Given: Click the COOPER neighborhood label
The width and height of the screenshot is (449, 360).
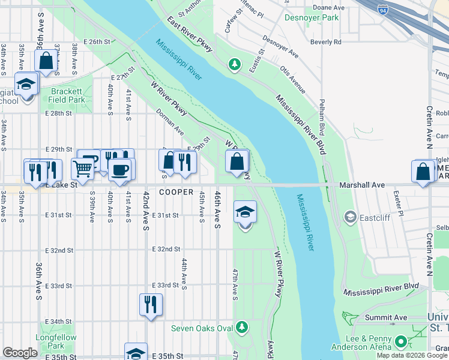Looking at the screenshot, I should coord(176,193).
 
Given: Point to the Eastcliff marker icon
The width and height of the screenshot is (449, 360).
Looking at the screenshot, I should coord(350,217).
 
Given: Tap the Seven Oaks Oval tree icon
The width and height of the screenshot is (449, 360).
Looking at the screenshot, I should coord(241,327).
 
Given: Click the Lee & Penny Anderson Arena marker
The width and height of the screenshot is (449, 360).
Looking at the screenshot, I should coord(402,343).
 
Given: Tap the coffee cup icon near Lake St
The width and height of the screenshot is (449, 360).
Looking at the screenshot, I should coord(121,169).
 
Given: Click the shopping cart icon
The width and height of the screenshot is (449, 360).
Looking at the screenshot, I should coord(82,169).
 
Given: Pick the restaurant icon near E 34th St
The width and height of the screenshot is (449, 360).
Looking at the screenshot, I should coord(151,304).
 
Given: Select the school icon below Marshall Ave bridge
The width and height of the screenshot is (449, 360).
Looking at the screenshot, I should coord(245,211).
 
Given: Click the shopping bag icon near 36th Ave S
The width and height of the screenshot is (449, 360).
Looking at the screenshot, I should coord(46,61).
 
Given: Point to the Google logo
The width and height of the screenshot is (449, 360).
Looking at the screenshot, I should coord(20,353).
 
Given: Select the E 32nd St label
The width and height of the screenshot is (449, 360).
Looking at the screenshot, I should coord(166,248).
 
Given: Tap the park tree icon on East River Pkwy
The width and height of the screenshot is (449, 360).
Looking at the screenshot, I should coord(235,64).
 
